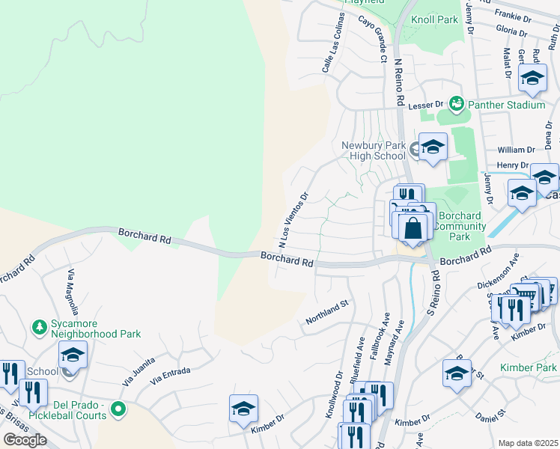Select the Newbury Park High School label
coord(373,150)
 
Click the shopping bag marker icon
coord(413,228)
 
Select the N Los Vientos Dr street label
coord(293,221)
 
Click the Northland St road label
coord(327,314)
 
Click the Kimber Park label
coord(529,367)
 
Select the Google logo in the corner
coord(25,439)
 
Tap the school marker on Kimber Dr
coord(244,409)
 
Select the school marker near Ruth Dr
coord(532,78)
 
